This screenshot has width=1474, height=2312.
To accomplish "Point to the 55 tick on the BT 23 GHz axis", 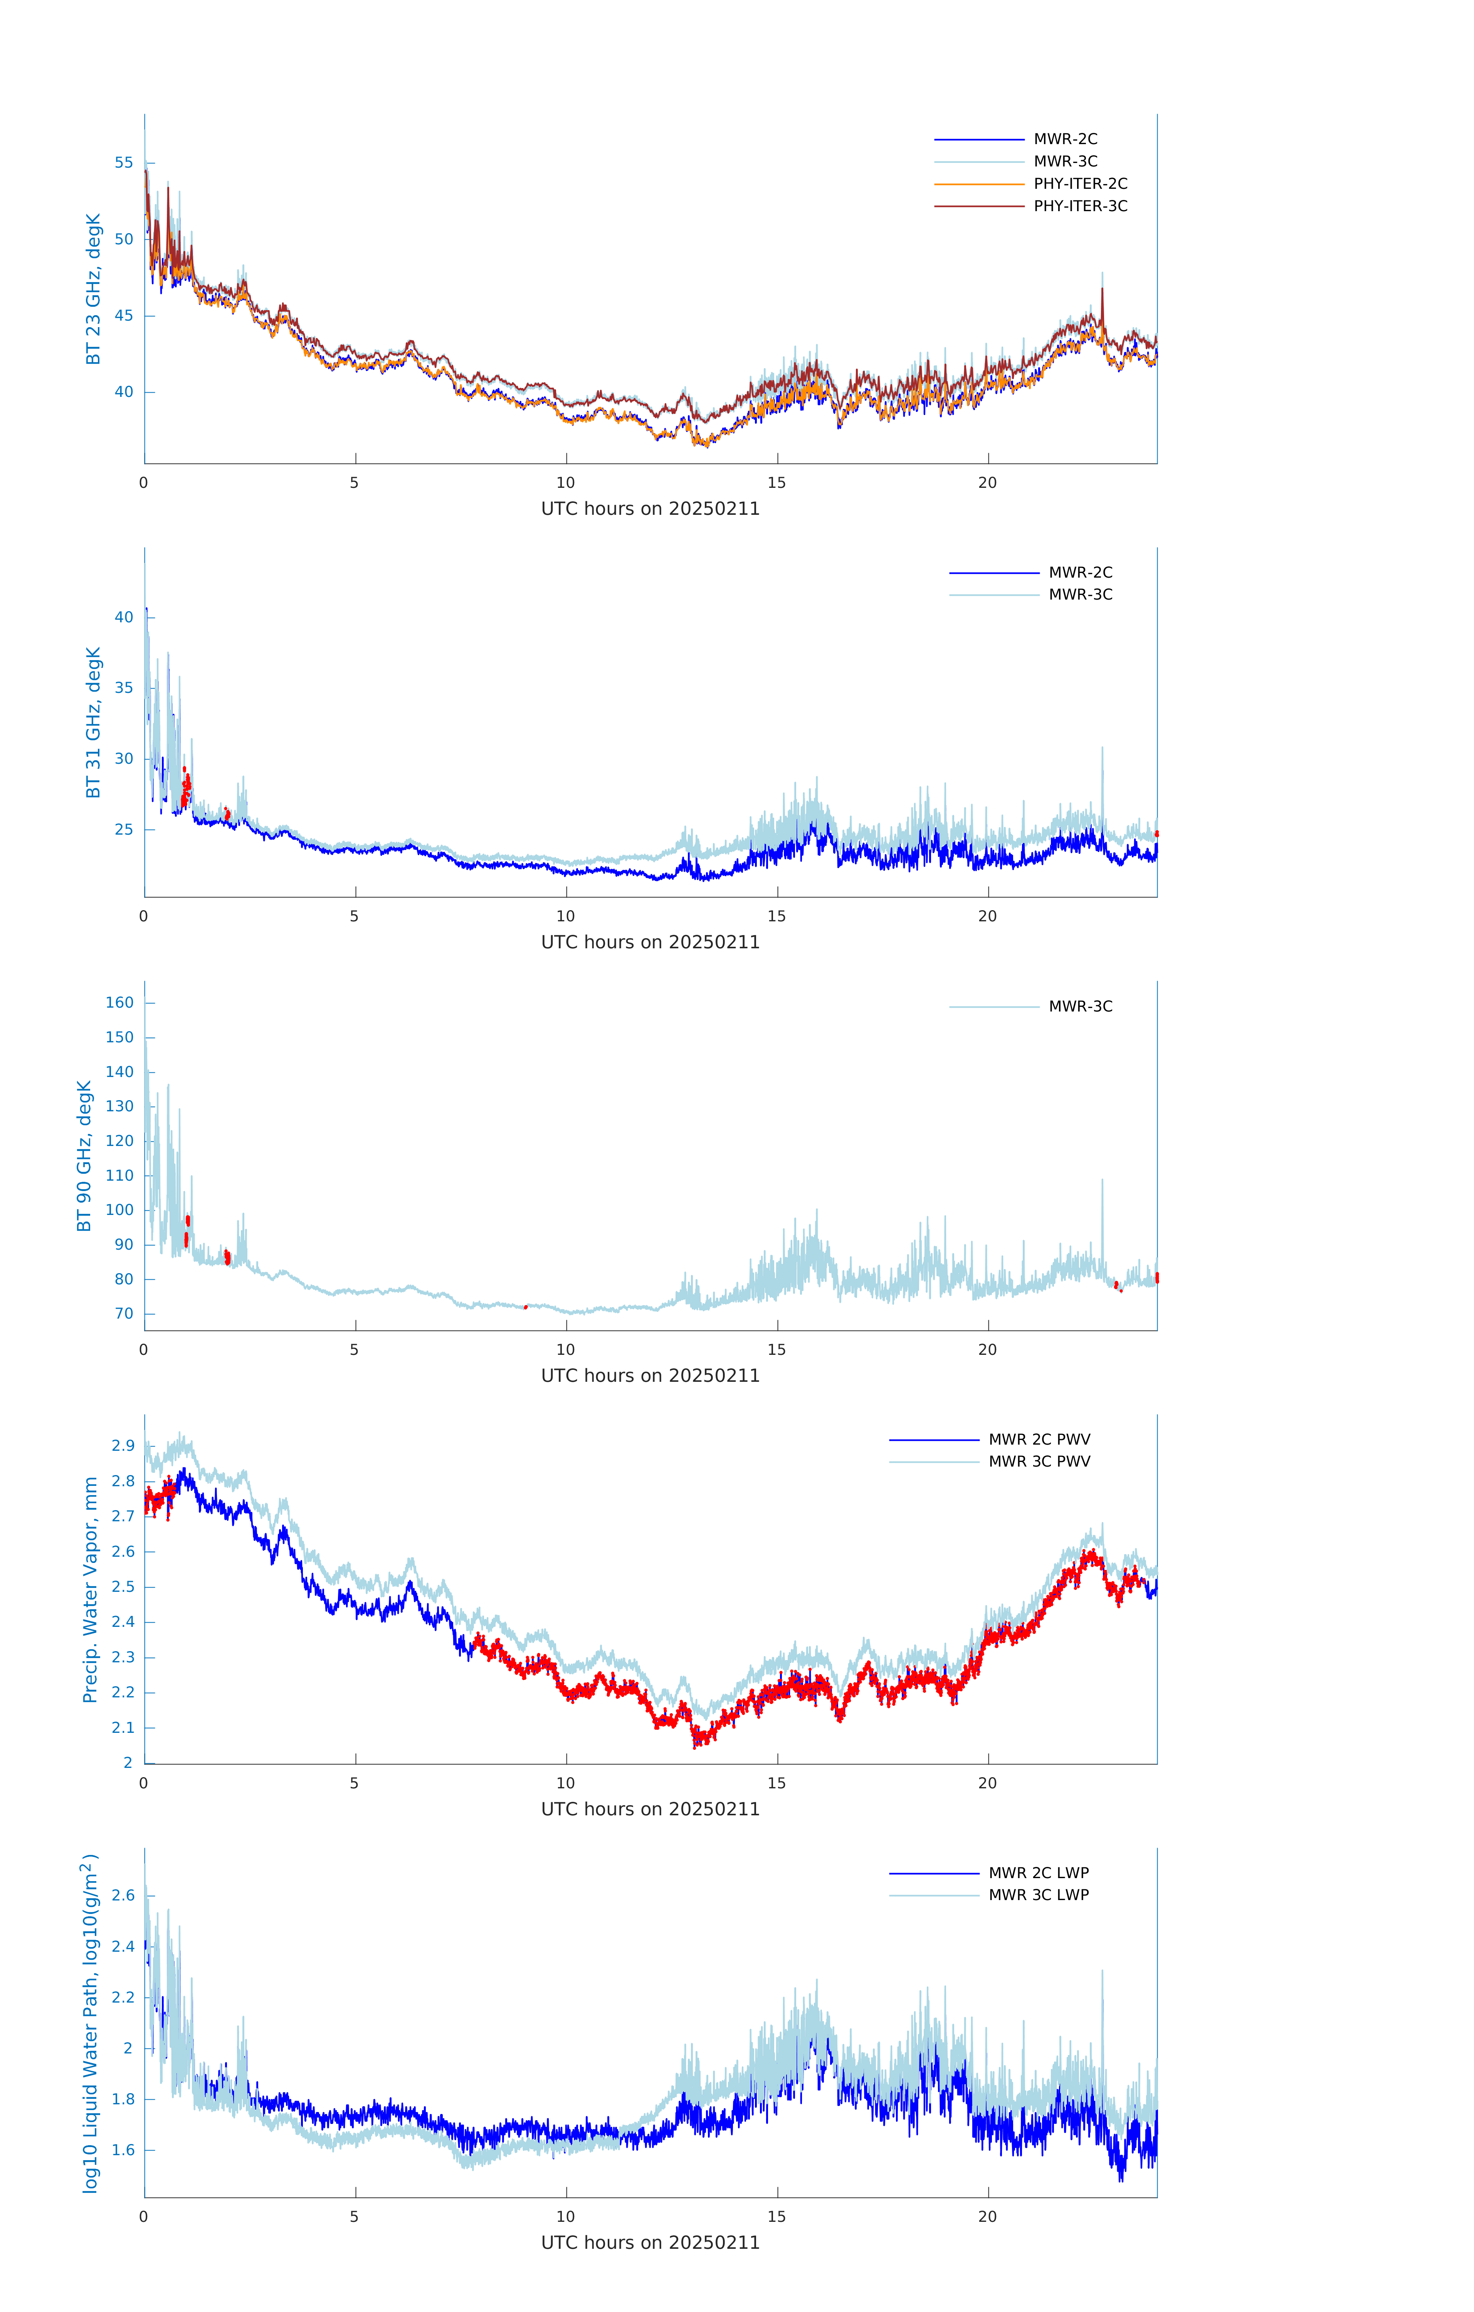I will point(124,162).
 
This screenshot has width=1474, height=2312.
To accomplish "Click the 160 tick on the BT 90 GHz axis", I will point(120,1002).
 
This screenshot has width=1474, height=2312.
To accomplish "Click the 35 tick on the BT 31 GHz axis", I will point(124,687).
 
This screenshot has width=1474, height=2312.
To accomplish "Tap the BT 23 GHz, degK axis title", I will point(93,289).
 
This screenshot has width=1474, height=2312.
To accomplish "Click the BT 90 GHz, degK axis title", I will point(84,1156).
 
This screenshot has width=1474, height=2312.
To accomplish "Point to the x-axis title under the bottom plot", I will point(650,2242).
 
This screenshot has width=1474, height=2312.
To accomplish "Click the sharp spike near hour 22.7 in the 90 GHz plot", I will point(1101,1183).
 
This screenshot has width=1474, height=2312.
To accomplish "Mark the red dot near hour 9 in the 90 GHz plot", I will point(525,1307).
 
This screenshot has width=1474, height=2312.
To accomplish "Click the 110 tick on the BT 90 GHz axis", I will point(120,1175).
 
